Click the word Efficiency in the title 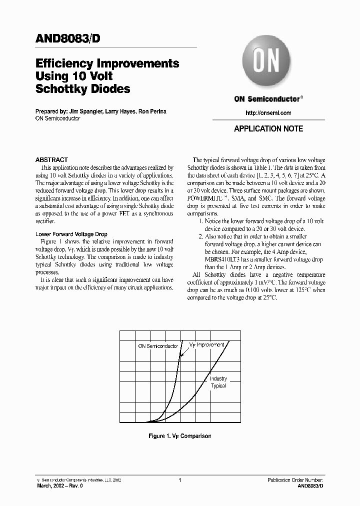click(x=64, y=63)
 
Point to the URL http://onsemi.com click(x=268, y=113)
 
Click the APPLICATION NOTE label click(x=268, y=128)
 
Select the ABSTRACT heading click(x=51, y=160)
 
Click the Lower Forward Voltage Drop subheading click(x=71, y=234)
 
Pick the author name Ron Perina click(x=153, y=111)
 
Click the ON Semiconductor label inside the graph click(x=158, y=346)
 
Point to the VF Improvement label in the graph click(x=206, y=345)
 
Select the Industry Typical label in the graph click(x=218, y=382)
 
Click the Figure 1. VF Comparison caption click(x=180, y=436)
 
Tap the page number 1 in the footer click(x=179, y=480)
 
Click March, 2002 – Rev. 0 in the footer click(x=60, y=485)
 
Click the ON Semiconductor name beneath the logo click(x=266, y=99)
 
